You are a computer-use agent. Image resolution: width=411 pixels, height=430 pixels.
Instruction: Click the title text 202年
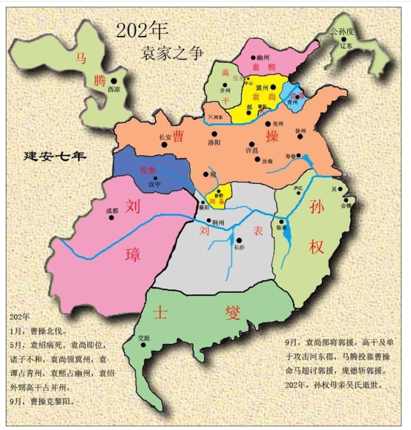[x=142, y=29]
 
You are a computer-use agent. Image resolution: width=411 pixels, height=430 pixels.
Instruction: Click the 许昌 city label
[x=252, y=150]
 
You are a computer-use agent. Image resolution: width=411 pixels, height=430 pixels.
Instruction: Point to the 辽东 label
[x=346, y=46]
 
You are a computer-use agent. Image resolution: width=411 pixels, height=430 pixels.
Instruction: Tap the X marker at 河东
[x=210, y=117]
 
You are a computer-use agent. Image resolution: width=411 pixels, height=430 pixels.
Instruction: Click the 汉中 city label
[x=154, y=184]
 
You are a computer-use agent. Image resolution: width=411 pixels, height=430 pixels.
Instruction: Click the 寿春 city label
[x=290, y=156]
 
